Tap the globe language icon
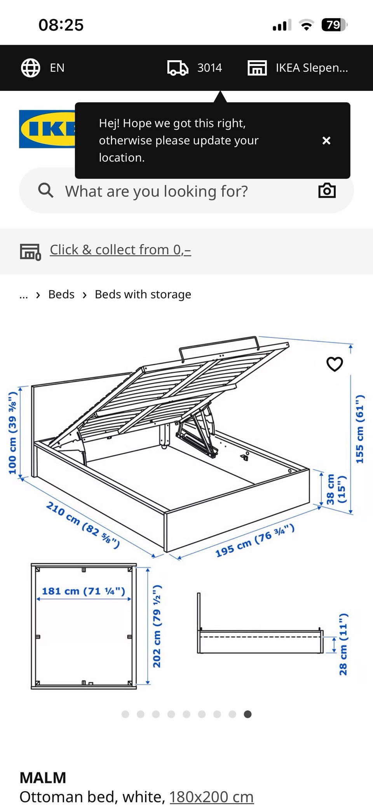(30, 68)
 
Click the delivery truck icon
(178, 68)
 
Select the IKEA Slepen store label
(312, 68)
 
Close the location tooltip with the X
(326, 141)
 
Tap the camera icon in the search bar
(327, 191)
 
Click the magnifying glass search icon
(45, 191)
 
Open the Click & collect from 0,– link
(120, 250)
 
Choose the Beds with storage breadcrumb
(143, 294)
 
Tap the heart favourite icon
(335, 364)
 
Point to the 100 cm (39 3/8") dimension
(13, 433)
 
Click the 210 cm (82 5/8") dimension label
(83, 525)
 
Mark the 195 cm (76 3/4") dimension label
(255, 540)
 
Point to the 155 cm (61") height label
(360, 429)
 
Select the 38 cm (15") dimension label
(336, 489)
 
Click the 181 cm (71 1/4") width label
(84, 591)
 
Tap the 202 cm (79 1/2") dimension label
(157, 626)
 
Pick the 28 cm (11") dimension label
(343, 644)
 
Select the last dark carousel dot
(248, 714)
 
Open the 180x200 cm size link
(211, 797)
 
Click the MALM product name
(43, 778)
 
